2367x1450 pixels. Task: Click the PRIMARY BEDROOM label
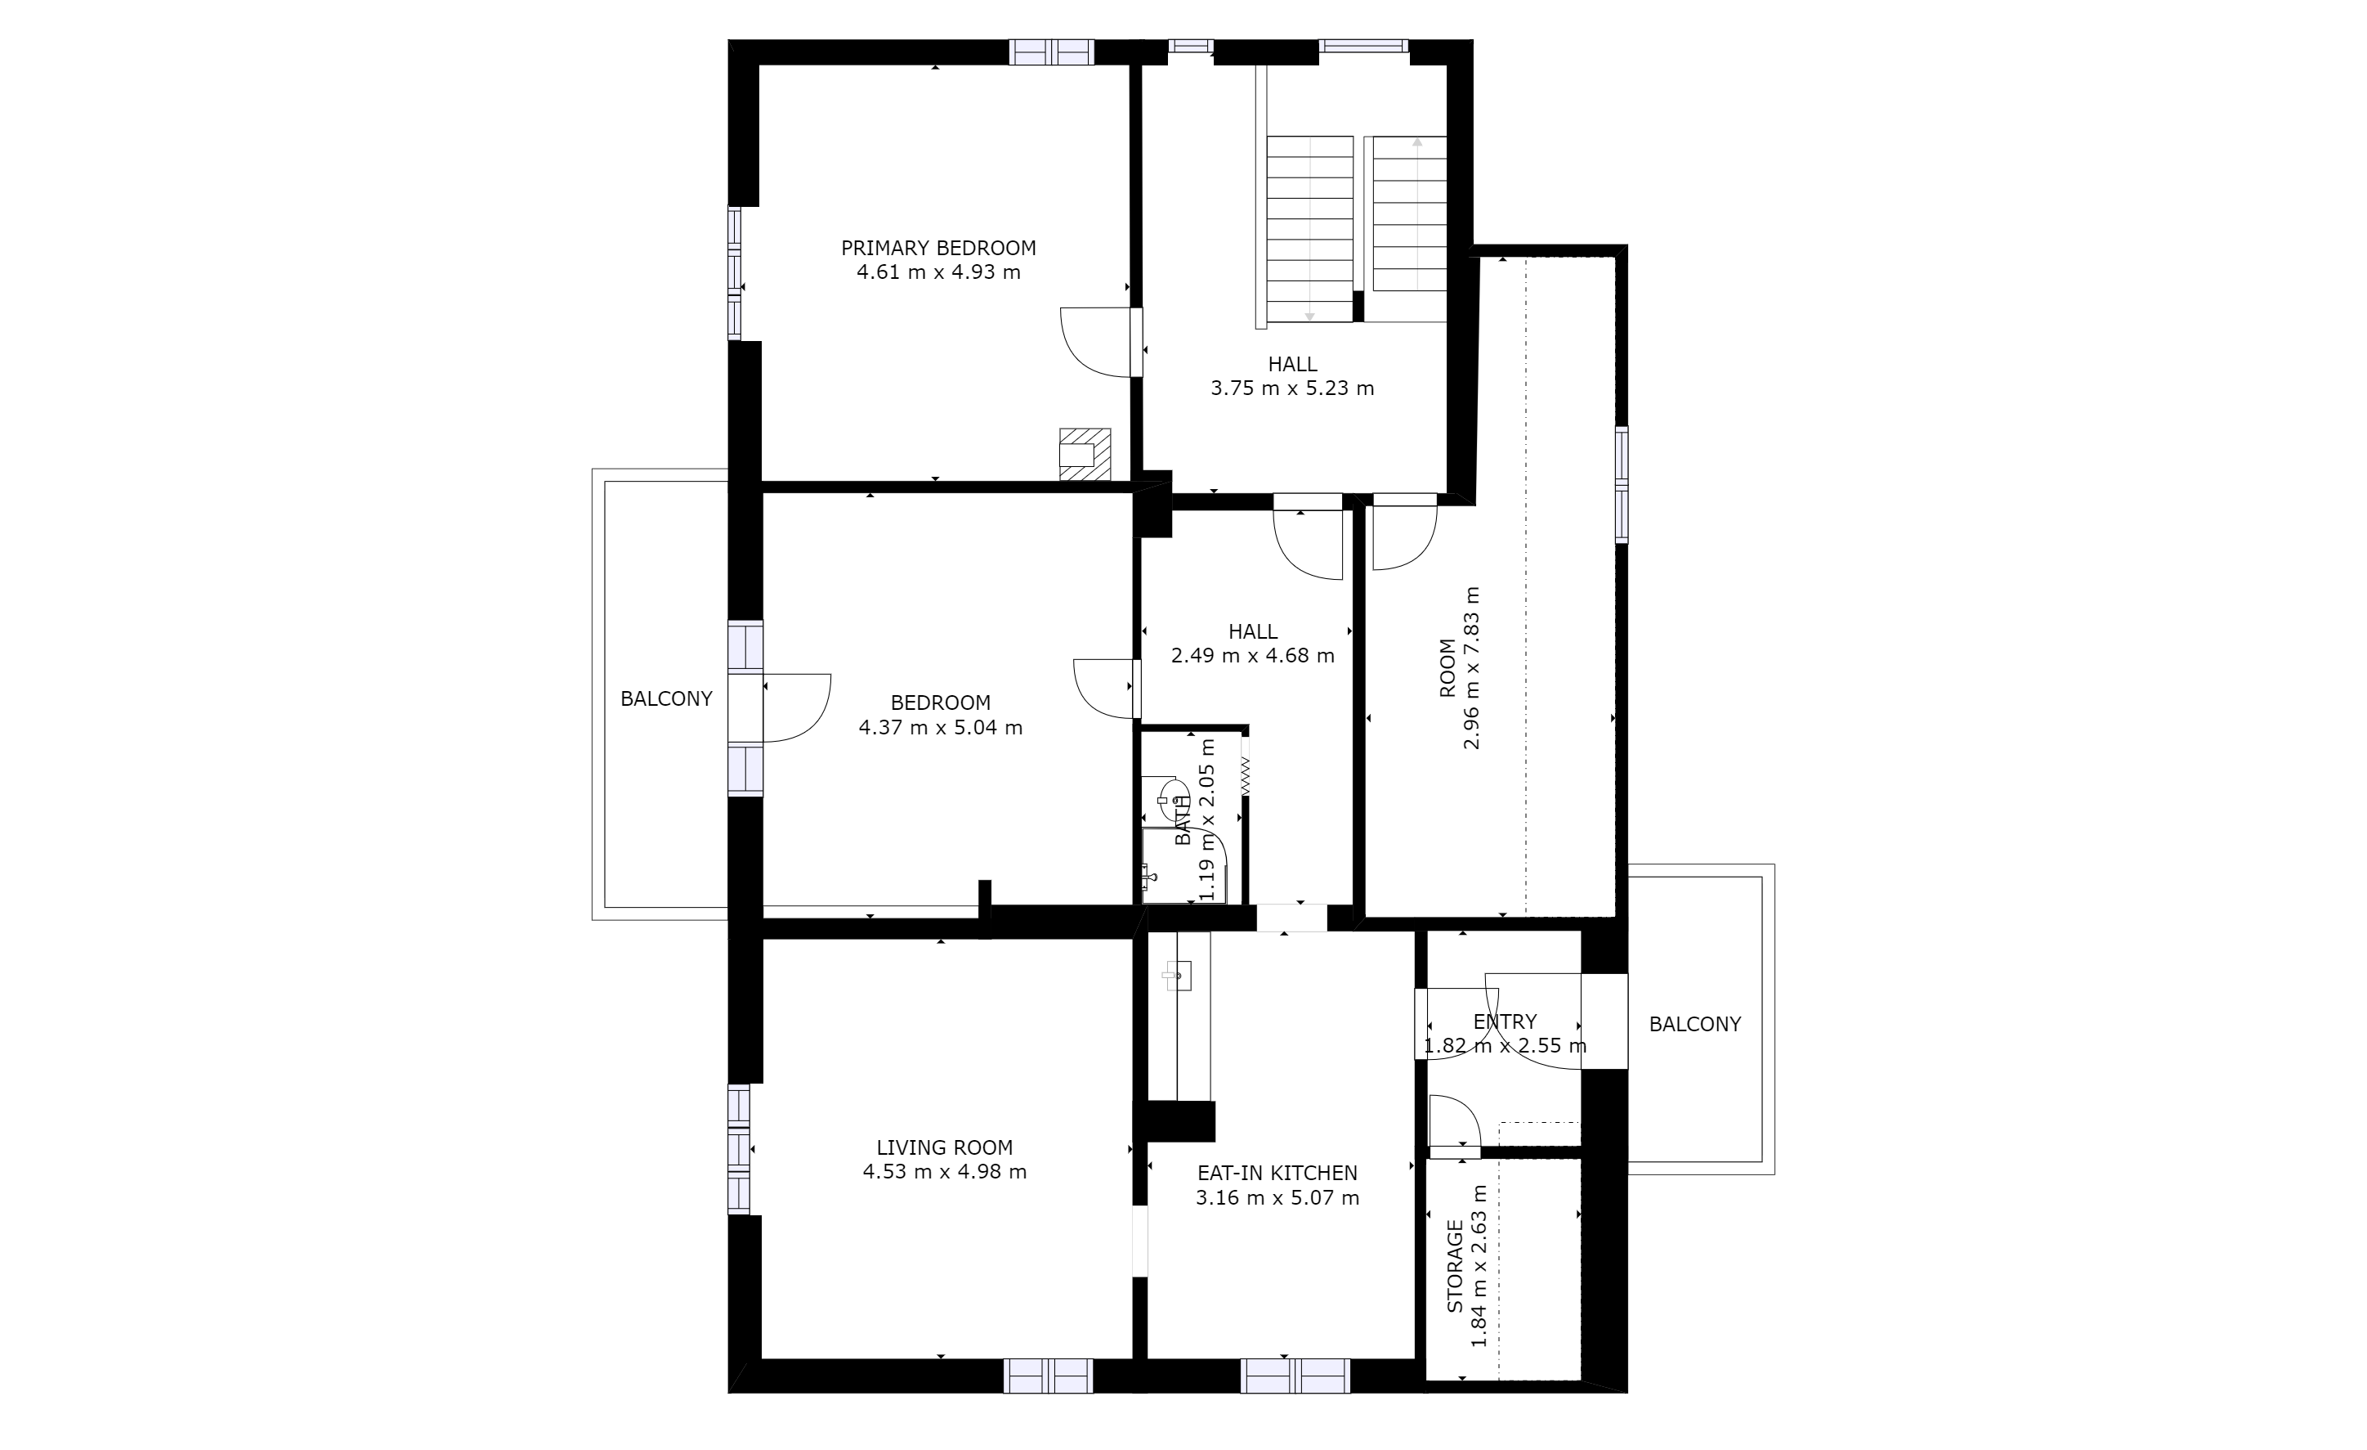tap(938, 248)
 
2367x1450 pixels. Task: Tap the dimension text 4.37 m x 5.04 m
tap(941, 727)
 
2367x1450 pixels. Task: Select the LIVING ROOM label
tap(944, 1147)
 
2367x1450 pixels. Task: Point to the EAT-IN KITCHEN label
tap(1277, 1174)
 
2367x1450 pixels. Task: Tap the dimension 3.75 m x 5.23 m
tap(1292, 388)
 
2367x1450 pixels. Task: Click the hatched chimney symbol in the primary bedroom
tap(1085, 455)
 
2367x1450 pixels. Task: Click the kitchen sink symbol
tap(1178, 976)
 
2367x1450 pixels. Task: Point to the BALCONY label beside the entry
tap(1694, 1024)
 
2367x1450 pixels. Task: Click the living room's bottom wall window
tap(1048, 1376)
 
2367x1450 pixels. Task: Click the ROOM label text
tap(1447, 668)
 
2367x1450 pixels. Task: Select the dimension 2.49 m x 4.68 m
tap(1253, 655)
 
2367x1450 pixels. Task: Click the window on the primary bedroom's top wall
tap(1051, 52)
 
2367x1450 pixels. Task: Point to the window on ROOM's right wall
tap(1622, 484)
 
